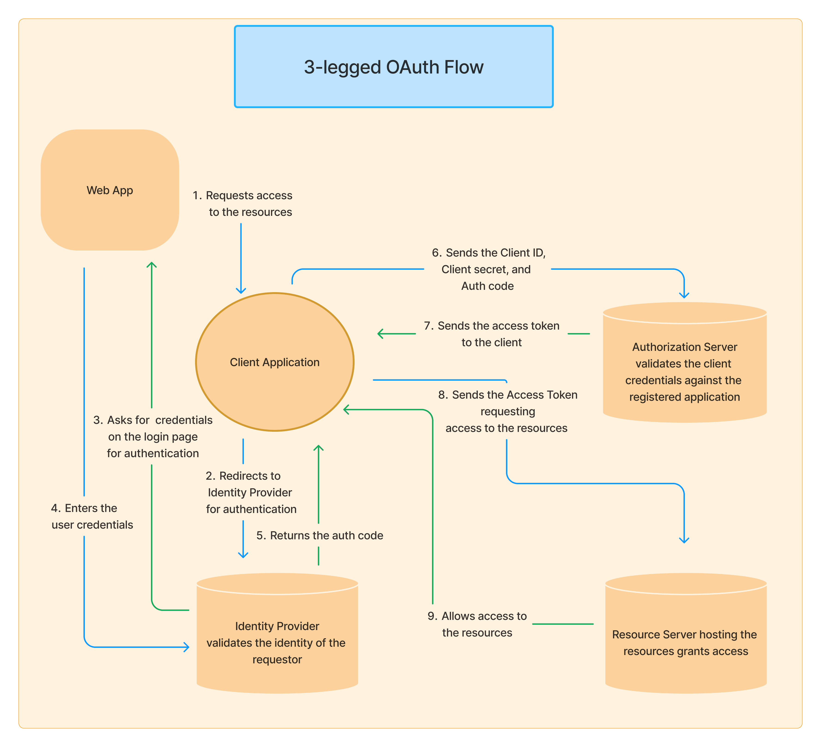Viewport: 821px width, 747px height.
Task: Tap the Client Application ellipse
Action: pos(275,362)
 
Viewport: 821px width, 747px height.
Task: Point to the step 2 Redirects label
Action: pos(251,493)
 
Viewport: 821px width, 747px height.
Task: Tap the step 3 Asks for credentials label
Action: pos(153,437)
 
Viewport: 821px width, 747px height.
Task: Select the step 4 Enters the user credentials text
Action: pos(92,517)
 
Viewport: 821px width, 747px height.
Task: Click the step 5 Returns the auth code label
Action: pos(320,536)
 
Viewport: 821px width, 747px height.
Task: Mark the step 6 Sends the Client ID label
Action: pos(488,269)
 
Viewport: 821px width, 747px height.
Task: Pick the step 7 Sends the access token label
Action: pos(492,334)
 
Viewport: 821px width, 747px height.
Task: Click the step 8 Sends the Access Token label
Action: pos(507,411)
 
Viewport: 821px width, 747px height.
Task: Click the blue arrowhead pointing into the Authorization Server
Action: pos(684,295)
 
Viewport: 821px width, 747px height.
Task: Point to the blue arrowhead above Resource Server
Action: pos(684,541)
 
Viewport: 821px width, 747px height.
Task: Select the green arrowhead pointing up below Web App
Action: pos(151,264)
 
